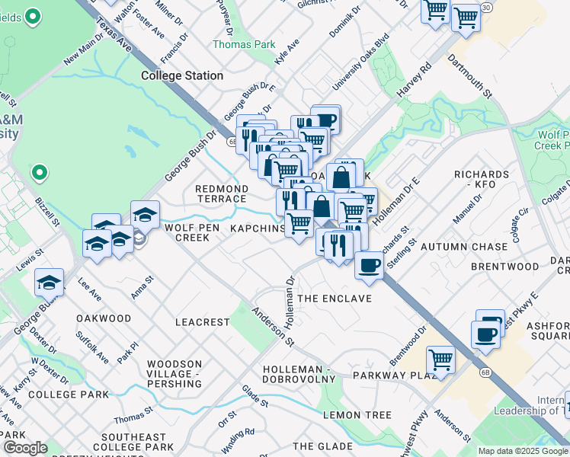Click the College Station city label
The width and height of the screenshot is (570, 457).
(x=182, y=75)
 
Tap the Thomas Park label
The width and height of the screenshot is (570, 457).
(x=244, y=45)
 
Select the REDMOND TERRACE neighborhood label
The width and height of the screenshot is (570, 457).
(x=222, y=193)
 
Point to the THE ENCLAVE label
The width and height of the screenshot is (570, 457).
(x=335, y=299)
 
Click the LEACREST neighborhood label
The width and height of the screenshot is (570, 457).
(x=202, y=322)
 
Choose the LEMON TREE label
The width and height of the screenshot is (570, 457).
(x=357, y=415)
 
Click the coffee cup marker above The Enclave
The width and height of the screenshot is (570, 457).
(x=370, y=266)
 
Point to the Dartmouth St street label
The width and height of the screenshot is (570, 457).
(x=470, y=75)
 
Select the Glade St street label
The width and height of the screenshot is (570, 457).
(x=255, y=395)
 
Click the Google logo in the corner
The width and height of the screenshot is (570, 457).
(x=24, y=448)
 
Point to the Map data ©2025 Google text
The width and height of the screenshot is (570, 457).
(x=523, y=451)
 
